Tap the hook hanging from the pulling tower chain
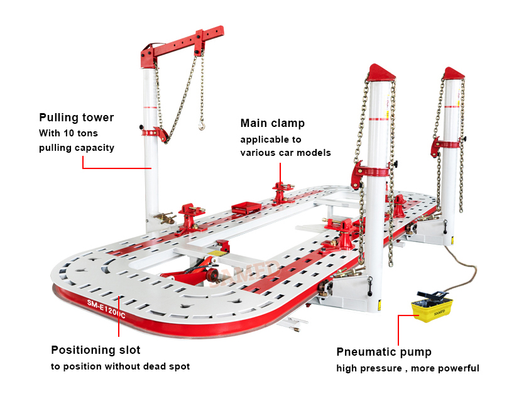coord(201,126)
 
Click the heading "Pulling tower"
coord(77,118)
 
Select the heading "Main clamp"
coord(273,123)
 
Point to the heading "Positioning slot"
coord(96,350)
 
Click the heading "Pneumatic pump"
coord(384,352)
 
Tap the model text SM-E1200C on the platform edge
coord(106,309)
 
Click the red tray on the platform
coord(246,207)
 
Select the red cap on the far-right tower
coord(454,73)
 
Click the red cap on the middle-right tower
coord(381,72)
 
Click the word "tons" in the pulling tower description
coord(87,133)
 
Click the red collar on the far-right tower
coord(446,145)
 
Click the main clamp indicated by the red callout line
coord(282,192)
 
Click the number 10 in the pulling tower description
coord(68,133)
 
